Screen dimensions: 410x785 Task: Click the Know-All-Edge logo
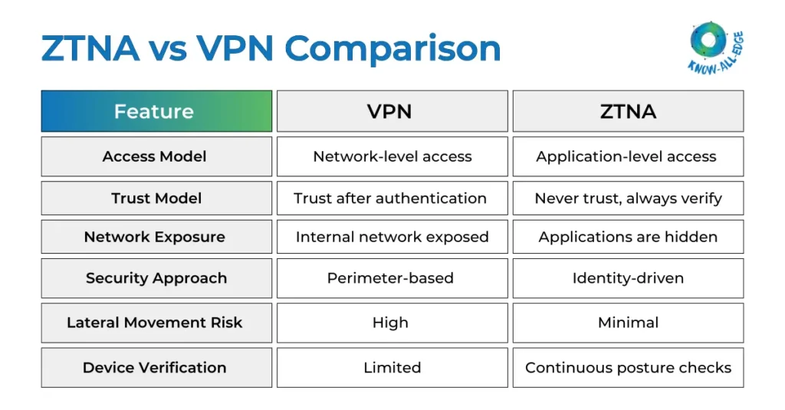(716, 47)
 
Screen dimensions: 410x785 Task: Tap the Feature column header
(156, 111)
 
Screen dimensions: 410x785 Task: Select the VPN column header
(392, 111)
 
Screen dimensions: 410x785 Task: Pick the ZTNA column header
(628, 111)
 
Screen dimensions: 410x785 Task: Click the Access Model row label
(156, 156)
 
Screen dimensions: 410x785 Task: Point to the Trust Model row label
(156, 198)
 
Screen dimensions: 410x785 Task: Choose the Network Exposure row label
(156, 237)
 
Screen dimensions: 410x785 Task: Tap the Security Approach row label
(156, 278)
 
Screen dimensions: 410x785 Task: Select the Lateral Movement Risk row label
(156, 323)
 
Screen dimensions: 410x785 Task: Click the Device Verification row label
(156, 368)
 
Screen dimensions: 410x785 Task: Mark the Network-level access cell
(392, 156)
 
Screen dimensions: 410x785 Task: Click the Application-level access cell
(628, 156)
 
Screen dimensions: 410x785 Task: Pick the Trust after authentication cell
(392, 198)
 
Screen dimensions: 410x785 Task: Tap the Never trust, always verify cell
(628, 198)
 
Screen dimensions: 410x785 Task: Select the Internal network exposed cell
(392, 237)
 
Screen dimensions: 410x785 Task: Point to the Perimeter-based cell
(392, 278)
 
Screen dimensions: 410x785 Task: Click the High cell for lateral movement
(392, 323)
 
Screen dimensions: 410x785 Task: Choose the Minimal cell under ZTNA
(628, 323)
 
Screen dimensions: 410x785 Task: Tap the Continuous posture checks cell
(628, 368)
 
